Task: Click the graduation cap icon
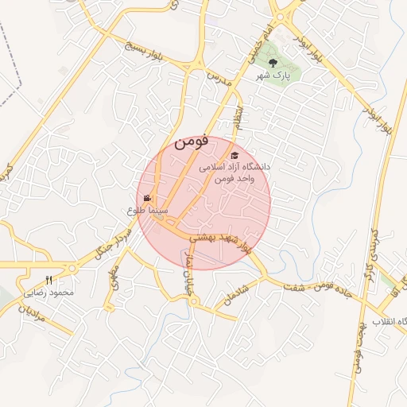point(234,156)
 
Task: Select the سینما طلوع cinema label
point(147,210)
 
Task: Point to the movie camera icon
point(147,198)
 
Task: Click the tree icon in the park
point(273,61)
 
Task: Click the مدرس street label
point(218,77)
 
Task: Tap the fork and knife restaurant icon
point(48,280)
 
